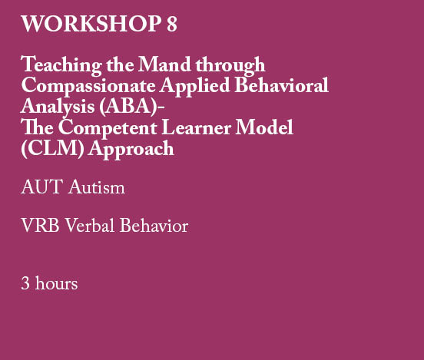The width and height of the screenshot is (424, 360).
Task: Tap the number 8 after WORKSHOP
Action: tap(171, 25)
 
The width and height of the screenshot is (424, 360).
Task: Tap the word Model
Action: tap(270, 128)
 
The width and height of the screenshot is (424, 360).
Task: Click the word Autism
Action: tap(97, 187)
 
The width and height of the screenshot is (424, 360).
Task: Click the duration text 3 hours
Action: tap(49, 283)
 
